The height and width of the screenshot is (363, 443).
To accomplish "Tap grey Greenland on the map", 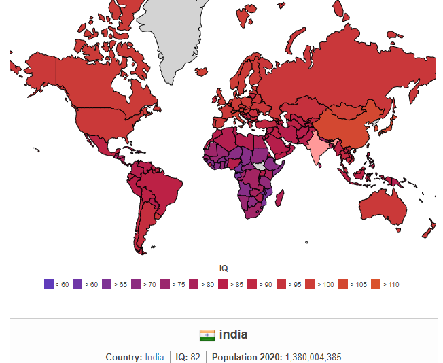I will (x=179, y=34).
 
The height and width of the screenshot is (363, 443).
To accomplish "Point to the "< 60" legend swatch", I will (x=48, y=284).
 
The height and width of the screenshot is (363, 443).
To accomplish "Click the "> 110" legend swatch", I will (x=376, y=284).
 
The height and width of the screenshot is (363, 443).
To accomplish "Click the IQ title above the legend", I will (x=224, y=268).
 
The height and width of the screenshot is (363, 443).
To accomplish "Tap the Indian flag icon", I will (x=207, y=335).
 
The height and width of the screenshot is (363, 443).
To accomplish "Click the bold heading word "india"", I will (x=233, y=334).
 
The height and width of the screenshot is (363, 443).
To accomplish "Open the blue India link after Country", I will (x=154, y=357).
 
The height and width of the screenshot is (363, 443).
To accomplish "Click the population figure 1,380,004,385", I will (x=313, y=357).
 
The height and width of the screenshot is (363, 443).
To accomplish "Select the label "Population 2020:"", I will (x=248, y=357).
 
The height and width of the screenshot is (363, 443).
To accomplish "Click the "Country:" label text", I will (x=124, y=357).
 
